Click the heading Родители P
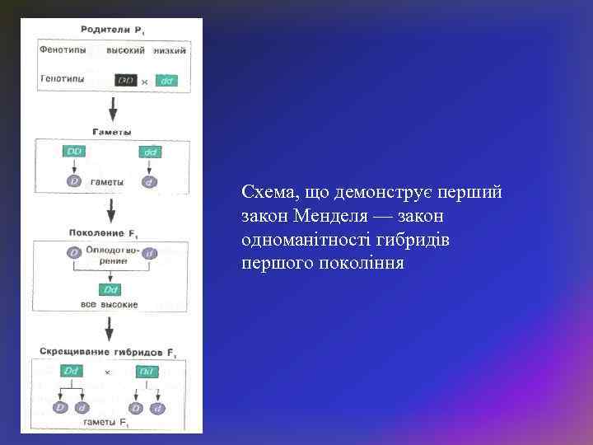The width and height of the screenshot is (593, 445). pyautogui.click(x=111, y=30)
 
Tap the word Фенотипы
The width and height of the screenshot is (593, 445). pyautogui.click(x=63, y=50)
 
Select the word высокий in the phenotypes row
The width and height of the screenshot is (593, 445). pyautogui.click(x=127, y=50)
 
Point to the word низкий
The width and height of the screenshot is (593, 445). pyautogui.click(x=170, y=50)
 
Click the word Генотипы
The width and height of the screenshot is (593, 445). pyautogui.click(x=63, y=80)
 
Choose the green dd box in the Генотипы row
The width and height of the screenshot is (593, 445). pyautogui.click(x=166, y=81)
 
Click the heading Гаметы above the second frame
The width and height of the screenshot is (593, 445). pyautogui.click(x=110, y=130)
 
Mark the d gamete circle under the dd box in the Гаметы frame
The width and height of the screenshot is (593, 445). pyautogui.click(x=149, y=181)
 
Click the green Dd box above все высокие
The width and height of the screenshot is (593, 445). pyautogui.click(x=110, y=289)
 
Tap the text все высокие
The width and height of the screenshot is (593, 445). pyautogui.click(x=110, y=305)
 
